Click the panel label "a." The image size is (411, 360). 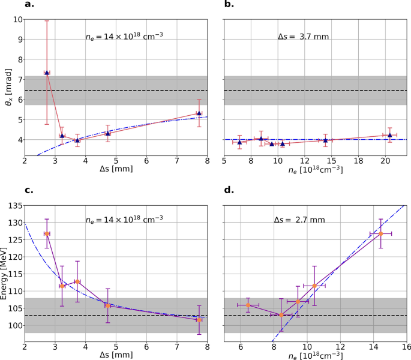tap(29, 5)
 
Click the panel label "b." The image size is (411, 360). tap(229, 5)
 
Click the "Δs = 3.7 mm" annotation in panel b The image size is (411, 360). tap(304, 37)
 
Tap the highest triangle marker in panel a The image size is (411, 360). tap(47, 73)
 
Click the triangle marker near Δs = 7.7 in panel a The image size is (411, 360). tap(199, 113)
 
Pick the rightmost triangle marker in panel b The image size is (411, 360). tap(390, 135)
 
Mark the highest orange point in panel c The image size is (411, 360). tap(47, 233)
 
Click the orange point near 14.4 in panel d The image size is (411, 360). tap(380, 233)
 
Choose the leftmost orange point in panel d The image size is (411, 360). tap(248, 305)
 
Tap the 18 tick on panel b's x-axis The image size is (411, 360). tap(358, 161)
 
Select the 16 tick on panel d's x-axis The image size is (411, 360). tap(406, 346)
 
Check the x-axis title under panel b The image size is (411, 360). tap(315, 170)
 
